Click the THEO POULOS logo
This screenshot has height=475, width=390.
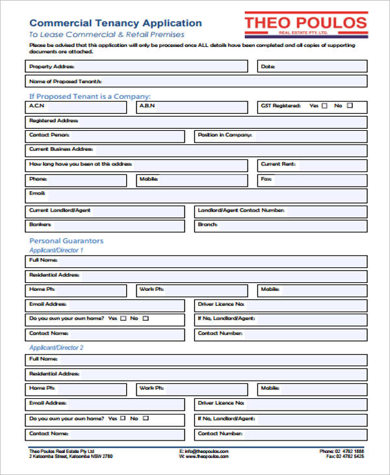[305, 25]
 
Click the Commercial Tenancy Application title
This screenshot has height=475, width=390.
[116, 23]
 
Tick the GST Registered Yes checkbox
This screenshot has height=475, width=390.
[324, 105]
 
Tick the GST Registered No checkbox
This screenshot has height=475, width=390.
[350, 105]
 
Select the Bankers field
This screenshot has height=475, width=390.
[107, 225]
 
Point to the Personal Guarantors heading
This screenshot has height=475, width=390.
[66, 241]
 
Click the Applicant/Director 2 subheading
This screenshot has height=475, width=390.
[57, 347]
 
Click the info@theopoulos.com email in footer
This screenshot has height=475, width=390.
[206, 451]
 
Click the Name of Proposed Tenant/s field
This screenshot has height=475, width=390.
[195, 81]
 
